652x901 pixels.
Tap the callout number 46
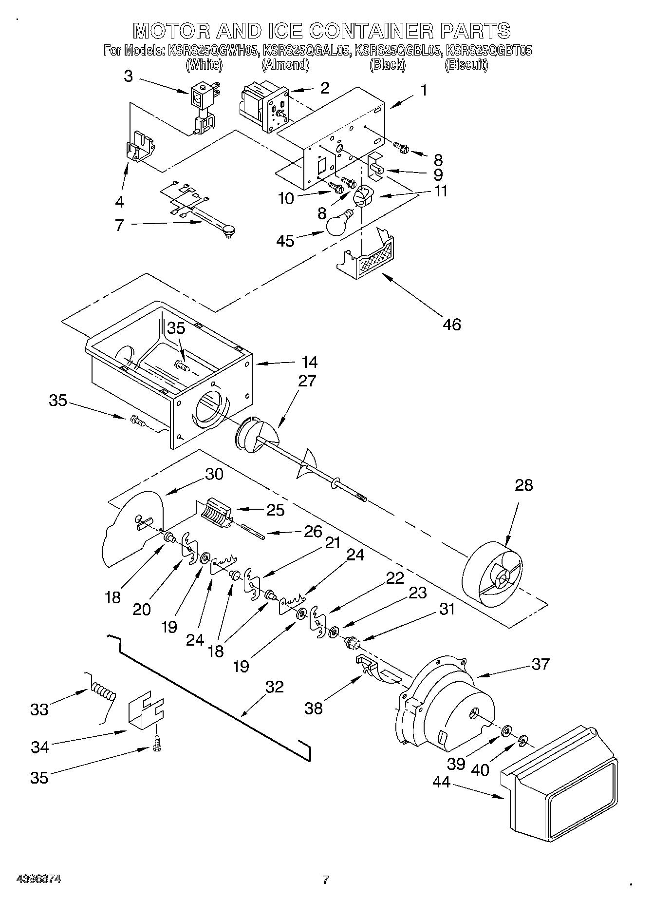coord(451,324)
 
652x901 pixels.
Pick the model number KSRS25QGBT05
coord(489,50)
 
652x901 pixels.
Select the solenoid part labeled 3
coord(203,107)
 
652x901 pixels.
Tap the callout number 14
coord(309,362)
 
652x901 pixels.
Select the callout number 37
coord(540,664)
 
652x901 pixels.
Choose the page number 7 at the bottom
coord(325,880)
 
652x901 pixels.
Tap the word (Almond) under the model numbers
coord(285,64)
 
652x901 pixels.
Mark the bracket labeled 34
coord(145,712)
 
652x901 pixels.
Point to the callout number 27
coord(307,381)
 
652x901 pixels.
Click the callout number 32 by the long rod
coord(274,687)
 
